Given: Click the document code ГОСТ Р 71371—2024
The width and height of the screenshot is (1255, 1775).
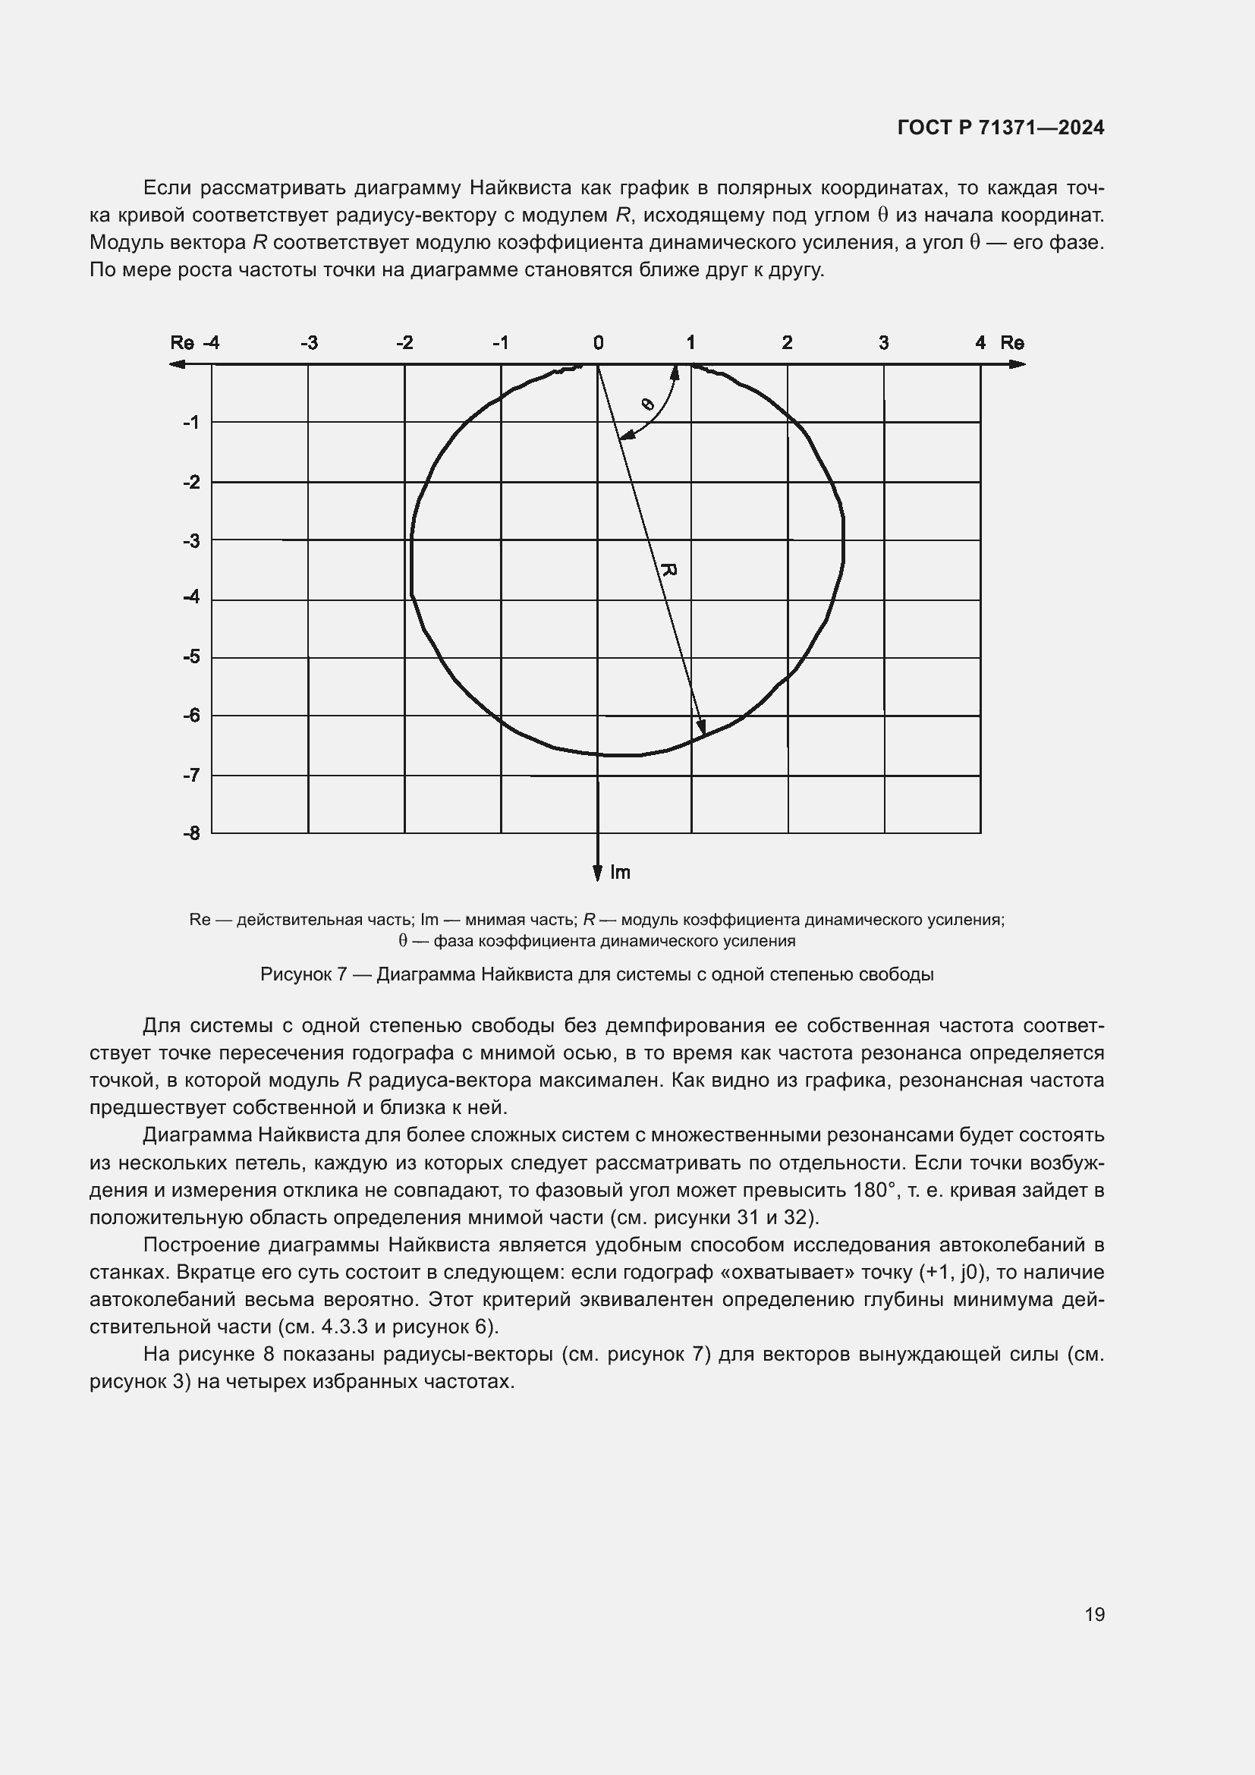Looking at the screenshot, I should (1000, 127).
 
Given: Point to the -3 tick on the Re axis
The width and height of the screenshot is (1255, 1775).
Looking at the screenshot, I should (308, 342).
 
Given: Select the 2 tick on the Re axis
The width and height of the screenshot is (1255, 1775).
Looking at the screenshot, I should (787, 342).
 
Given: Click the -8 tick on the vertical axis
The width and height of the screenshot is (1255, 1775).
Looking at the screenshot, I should (191, 833).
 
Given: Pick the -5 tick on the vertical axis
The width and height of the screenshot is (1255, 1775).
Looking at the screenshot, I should (191, 657).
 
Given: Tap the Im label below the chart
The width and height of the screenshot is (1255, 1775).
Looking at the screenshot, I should (620, 873).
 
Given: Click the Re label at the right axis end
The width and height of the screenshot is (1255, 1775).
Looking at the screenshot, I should (1011, 342).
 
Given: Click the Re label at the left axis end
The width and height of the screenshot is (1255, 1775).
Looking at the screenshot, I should (181, 342).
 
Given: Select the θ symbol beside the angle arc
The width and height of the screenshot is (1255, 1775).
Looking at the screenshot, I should (647, 404).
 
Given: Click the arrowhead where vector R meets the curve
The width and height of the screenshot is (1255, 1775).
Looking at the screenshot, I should (702, 728).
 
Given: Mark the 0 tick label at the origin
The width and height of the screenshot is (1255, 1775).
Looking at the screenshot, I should (598, 342).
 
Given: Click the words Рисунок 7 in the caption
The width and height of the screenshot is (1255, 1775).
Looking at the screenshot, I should (302, 974).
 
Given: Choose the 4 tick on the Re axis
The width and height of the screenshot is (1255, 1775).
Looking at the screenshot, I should (980, 342).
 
